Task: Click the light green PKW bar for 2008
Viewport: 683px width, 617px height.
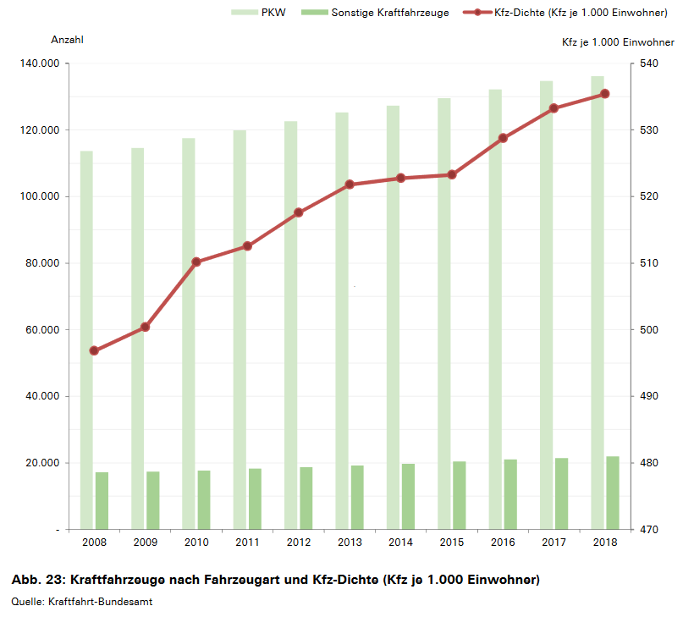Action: coord(86,339)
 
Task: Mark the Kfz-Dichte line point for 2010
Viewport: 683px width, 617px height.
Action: coord(196,262)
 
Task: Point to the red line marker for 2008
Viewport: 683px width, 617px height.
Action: coord(94,351)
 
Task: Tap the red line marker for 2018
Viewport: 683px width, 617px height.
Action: coord(605,94)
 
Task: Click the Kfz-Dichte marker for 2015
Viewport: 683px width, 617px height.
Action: coord(452,174)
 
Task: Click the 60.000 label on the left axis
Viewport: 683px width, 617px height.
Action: coord(41,330)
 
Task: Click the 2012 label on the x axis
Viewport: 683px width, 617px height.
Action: coord(298,543)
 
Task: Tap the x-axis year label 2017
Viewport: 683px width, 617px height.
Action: coord(554,543)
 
